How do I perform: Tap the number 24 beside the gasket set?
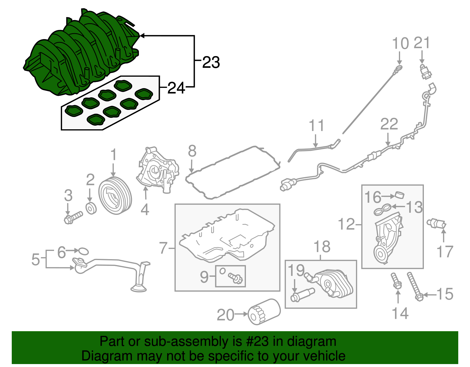(176, 88)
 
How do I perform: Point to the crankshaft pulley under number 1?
(115, 196)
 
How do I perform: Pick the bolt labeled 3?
(73, 218)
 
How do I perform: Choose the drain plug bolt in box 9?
(236, 278)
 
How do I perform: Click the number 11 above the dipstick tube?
(316, 125)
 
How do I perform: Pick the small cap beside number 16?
(399, 195)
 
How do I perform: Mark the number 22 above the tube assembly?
(389, 124)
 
